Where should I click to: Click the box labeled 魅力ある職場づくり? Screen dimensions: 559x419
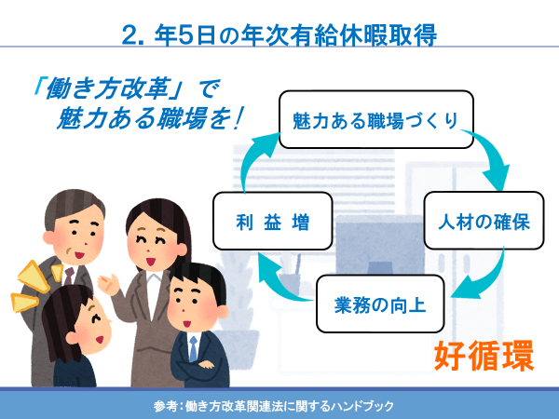pos(376,119)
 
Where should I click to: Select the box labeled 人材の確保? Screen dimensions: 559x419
pos(484,221)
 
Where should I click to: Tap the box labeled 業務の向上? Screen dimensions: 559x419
pos(380,304)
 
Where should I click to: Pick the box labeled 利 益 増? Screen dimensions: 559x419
pos(273,221)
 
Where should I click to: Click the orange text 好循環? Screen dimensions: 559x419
pos(484,356)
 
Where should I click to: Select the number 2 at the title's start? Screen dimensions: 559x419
pos(130,35)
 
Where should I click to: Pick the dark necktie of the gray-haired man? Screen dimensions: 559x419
pos(68,277)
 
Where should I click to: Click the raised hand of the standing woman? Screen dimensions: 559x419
pos(109,284)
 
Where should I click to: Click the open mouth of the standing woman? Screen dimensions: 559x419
pos(151,262)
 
